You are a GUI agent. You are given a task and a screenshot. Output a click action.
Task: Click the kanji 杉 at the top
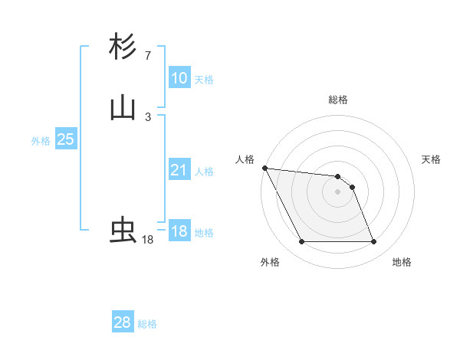(x=123, y=47)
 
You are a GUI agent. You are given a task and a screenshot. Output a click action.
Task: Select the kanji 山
(x=123, y=108)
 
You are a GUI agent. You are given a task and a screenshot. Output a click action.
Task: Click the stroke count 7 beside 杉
(x=147, y=56)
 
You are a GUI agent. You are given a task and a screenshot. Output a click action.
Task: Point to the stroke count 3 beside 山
(x=147, y=116)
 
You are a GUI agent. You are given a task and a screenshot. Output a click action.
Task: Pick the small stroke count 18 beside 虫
(x=147, y=240)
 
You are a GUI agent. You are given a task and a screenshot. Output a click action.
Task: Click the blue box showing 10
(x=179, y=77)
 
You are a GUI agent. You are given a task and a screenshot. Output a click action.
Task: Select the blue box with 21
(x=179, y=170)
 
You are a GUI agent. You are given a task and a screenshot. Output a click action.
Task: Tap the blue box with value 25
(x=65, y=139)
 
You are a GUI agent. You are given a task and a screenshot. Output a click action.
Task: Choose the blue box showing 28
(x=122, y=322)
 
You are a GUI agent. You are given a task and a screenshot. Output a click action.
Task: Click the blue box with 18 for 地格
(x=179, y=231)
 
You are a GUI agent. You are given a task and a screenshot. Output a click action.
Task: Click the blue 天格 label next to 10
(x=203, y=80)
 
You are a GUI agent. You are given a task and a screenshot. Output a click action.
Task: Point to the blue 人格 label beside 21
(x=203, y=172)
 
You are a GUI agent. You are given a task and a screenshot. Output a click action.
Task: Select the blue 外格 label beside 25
(x=40, y=141)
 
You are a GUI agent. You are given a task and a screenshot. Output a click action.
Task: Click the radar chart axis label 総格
(x=337, y=100)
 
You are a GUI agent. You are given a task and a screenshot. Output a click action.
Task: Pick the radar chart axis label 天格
(x=431, y=159)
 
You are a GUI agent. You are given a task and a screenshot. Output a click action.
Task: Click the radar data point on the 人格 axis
(x=264, y=168)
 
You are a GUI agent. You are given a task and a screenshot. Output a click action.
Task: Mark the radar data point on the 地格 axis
(x=373, y=242)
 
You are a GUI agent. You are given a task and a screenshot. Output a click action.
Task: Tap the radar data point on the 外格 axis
(x=301, y=242)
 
